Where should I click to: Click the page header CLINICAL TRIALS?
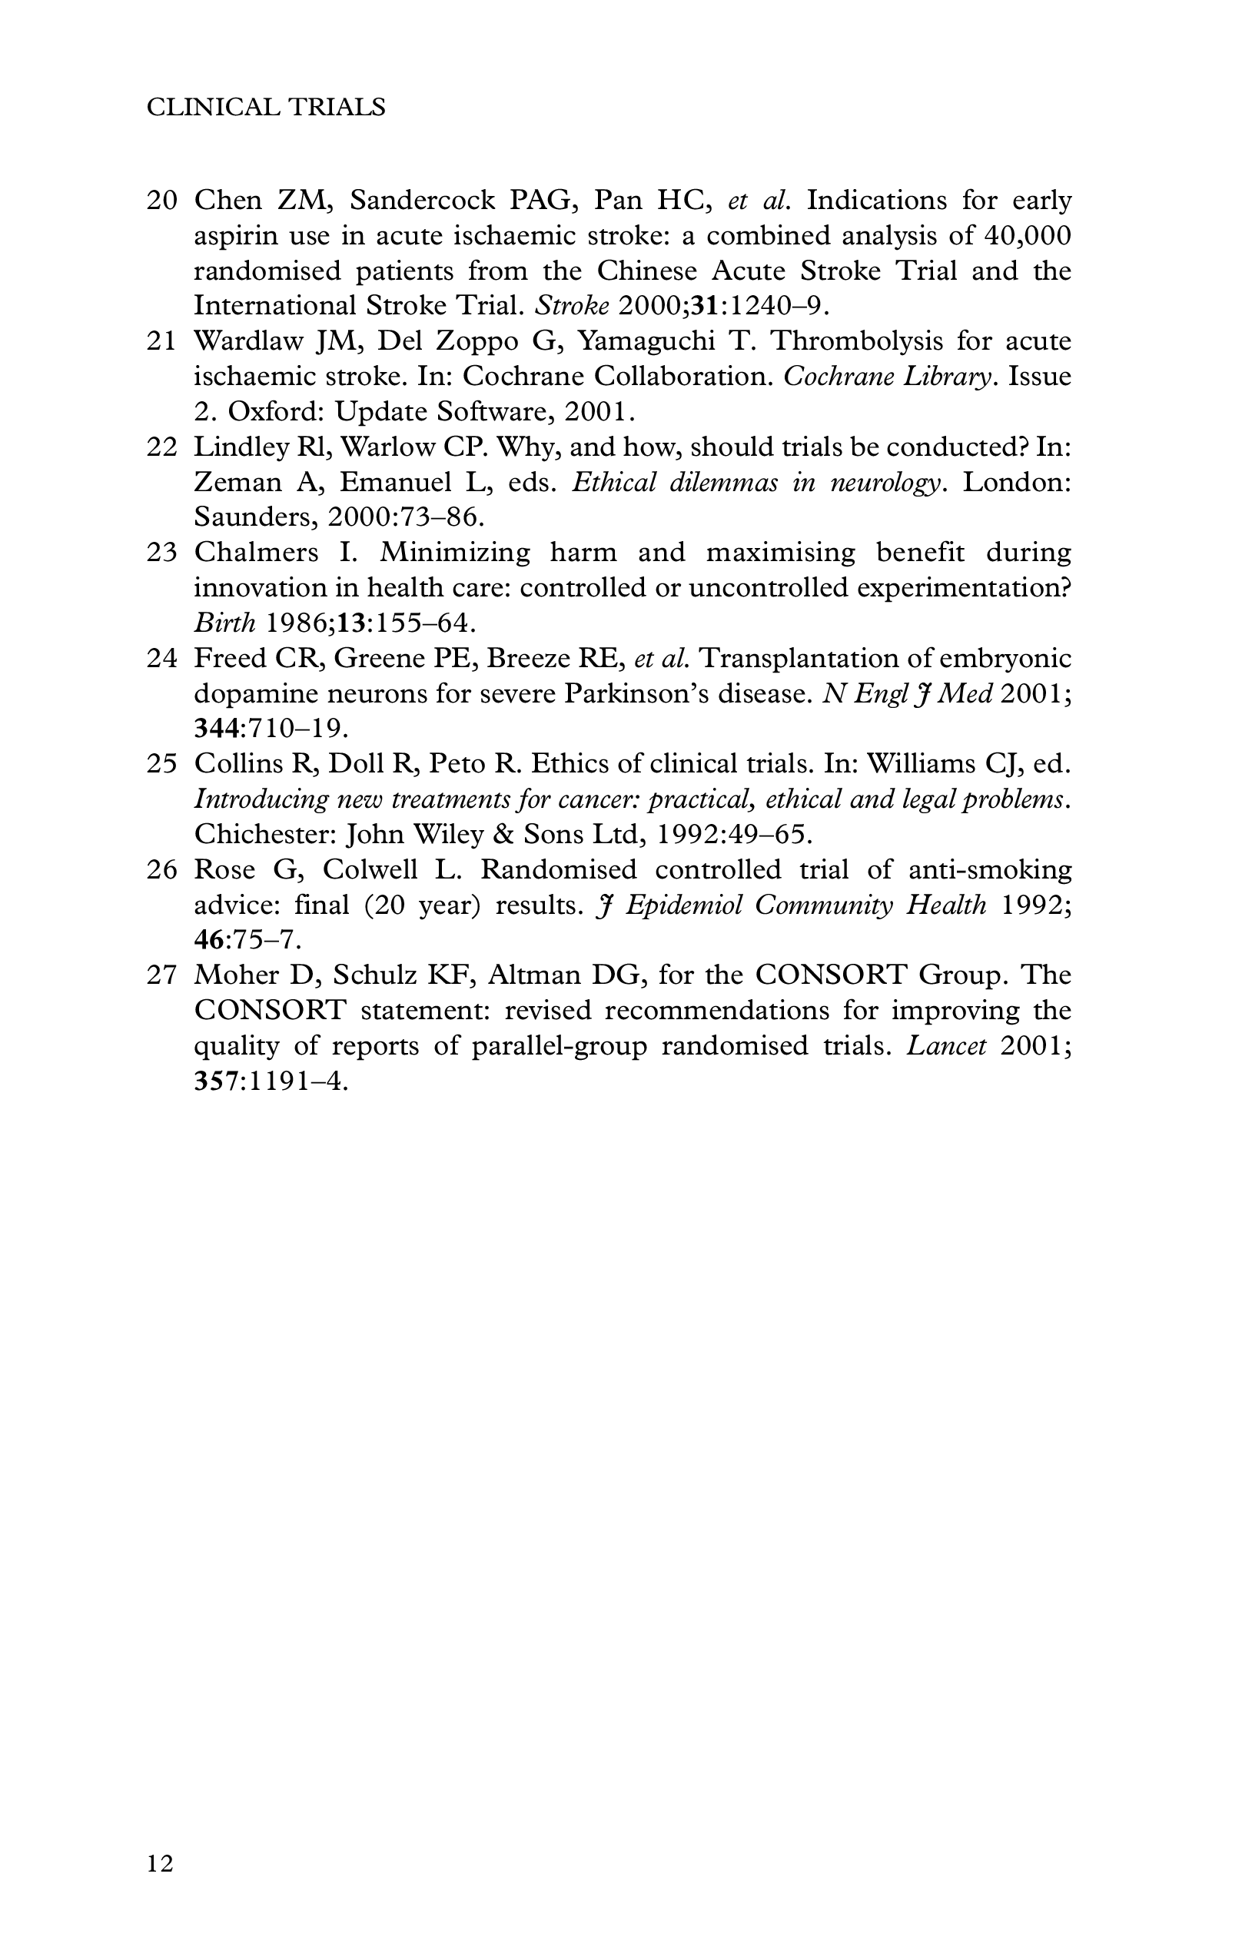click(265, 108)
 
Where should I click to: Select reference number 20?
click(162, 201)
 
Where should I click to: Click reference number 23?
click(162, 553)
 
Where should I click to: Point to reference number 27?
click(162, 975)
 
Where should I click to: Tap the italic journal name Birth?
click(224, 623)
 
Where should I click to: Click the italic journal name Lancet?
click(946, 1046)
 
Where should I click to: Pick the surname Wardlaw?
click(247, 341)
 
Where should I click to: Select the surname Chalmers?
click(256, 553)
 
